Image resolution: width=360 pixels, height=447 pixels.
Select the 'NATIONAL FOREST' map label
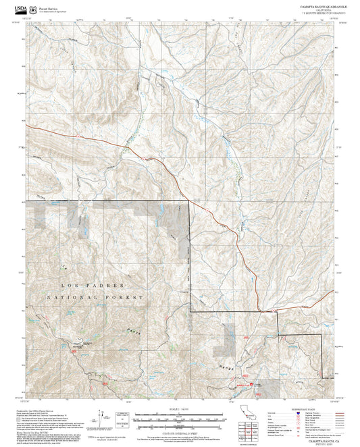95,297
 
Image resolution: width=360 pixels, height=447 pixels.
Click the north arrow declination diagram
101,417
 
